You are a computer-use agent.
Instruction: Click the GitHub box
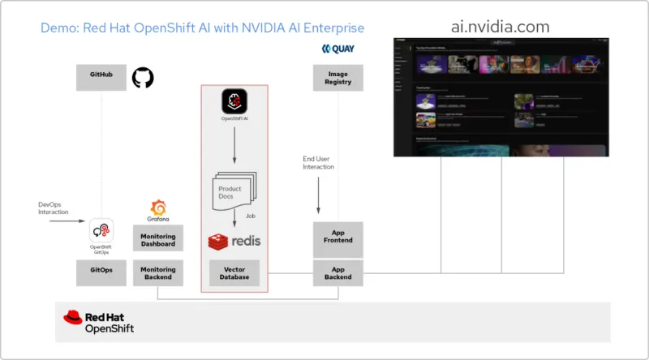coord(101,78)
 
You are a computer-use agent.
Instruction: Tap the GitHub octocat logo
coord(143,78)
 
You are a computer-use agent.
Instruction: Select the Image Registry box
coord(338,78)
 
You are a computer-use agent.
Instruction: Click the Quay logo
coord(338,49)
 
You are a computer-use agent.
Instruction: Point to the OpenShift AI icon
coord(234,101)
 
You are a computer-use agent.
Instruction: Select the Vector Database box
coord(234,272)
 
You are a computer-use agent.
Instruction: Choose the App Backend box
coord(338,272)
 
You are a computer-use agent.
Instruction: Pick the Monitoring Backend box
coord(158,272)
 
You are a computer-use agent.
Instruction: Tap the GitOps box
coord(101,272)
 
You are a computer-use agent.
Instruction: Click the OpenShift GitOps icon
coord(101,230)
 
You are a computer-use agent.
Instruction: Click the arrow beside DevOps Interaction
coord(60,220)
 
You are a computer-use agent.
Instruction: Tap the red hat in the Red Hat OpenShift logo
coord(72,317)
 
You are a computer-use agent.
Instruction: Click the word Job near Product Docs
coord(251,216)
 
